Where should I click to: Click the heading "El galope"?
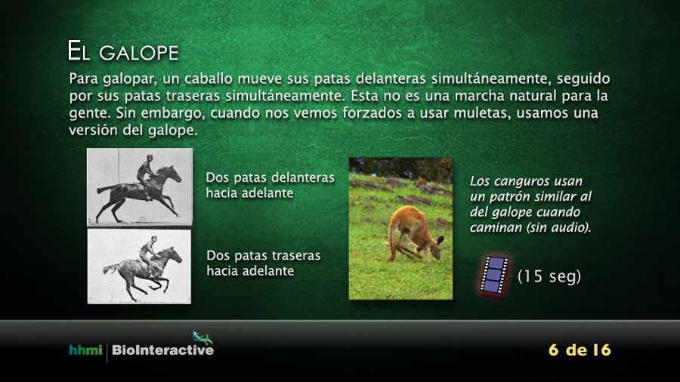click(122, 51)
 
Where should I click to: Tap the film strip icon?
click(494, 275)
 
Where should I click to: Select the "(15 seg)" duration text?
click(549, 276)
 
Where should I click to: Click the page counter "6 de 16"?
click(580, 350)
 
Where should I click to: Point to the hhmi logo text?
click(85, 350)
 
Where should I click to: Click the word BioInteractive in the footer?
click(162, 350)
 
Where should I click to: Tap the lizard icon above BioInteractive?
click(202, 337)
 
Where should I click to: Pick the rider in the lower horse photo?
click(147, 254)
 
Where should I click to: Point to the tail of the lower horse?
click(110, 269)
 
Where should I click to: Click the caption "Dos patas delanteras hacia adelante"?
click(270, 185)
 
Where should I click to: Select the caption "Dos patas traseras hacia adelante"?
click(263, 263)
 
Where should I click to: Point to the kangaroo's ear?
click(440, 240)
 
